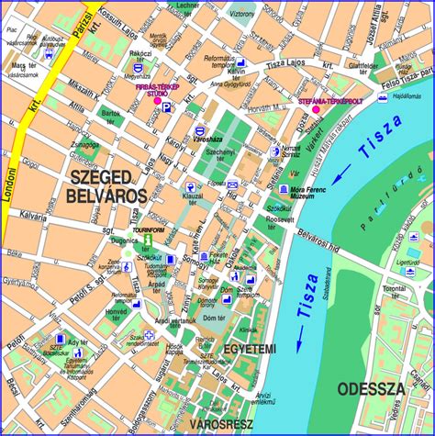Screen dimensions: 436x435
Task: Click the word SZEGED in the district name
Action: pos(105,174)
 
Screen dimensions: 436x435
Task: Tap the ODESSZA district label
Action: pos(370,388)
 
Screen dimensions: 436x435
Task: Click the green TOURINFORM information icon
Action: pos(146,240)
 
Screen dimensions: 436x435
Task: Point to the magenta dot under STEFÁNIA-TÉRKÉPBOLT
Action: pos(316,109)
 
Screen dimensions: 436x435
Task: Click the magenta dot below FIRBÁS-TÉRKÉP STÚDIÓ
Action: pos(156,103)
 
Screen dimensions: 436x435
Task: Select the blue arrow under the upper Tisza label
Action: pos(340,175)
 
